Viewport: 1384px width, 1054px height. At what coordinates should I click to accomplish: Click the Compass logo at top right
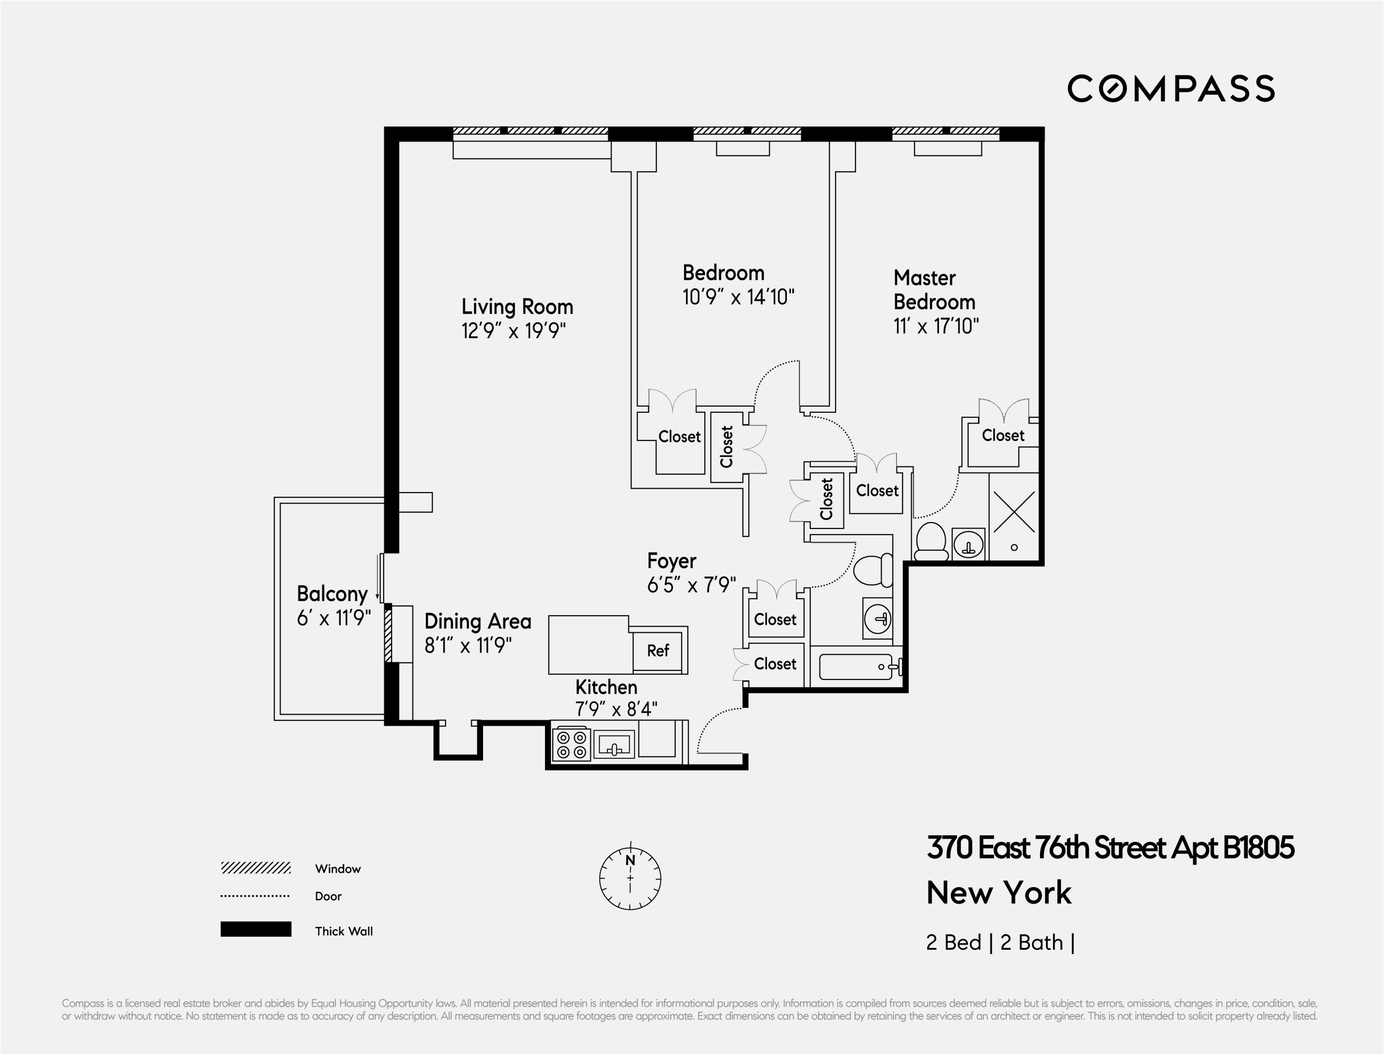coord(1171,89)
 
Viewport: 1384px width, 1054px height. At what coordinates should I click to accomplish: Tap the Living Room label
coord(517,307)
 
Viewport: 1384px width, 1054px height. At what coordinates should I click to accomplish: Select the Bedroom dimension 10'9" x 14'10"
coord(738,297)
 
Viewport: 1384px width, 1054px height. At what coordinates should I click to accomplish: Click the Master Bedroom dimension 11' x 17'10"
coord(935,326)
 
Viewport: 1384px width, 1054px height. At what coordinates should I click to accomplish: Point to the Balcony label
coord(332,593)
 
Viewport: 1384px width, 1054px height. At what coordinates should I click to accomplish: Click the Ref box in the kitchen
coord(658,650)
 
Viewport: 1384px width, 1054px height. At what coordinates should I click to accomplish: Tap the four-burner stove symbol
coord(572,745)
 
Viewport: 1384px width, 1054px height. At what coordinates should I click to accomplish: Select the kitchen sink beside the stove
coord(614,745)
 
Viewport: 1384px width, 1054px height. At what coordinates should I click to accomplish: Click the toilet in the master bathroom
coord(931,541)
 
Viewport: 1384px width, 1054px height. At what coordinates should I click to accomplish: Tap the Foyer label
coord(672,561)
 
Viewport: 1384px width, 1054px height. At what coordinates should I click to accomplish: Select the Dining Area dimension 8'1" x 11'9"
coord(468,645)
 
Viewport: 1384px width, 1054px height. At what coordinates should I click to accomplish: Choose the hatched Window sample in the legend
coord(255,868)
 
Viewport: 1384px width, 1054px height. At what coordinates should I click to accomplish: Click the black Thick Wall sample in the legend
coord(255,929)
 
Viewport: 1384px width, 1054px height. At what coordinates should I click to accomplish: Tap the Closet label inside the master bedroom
coord(1003,435)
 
